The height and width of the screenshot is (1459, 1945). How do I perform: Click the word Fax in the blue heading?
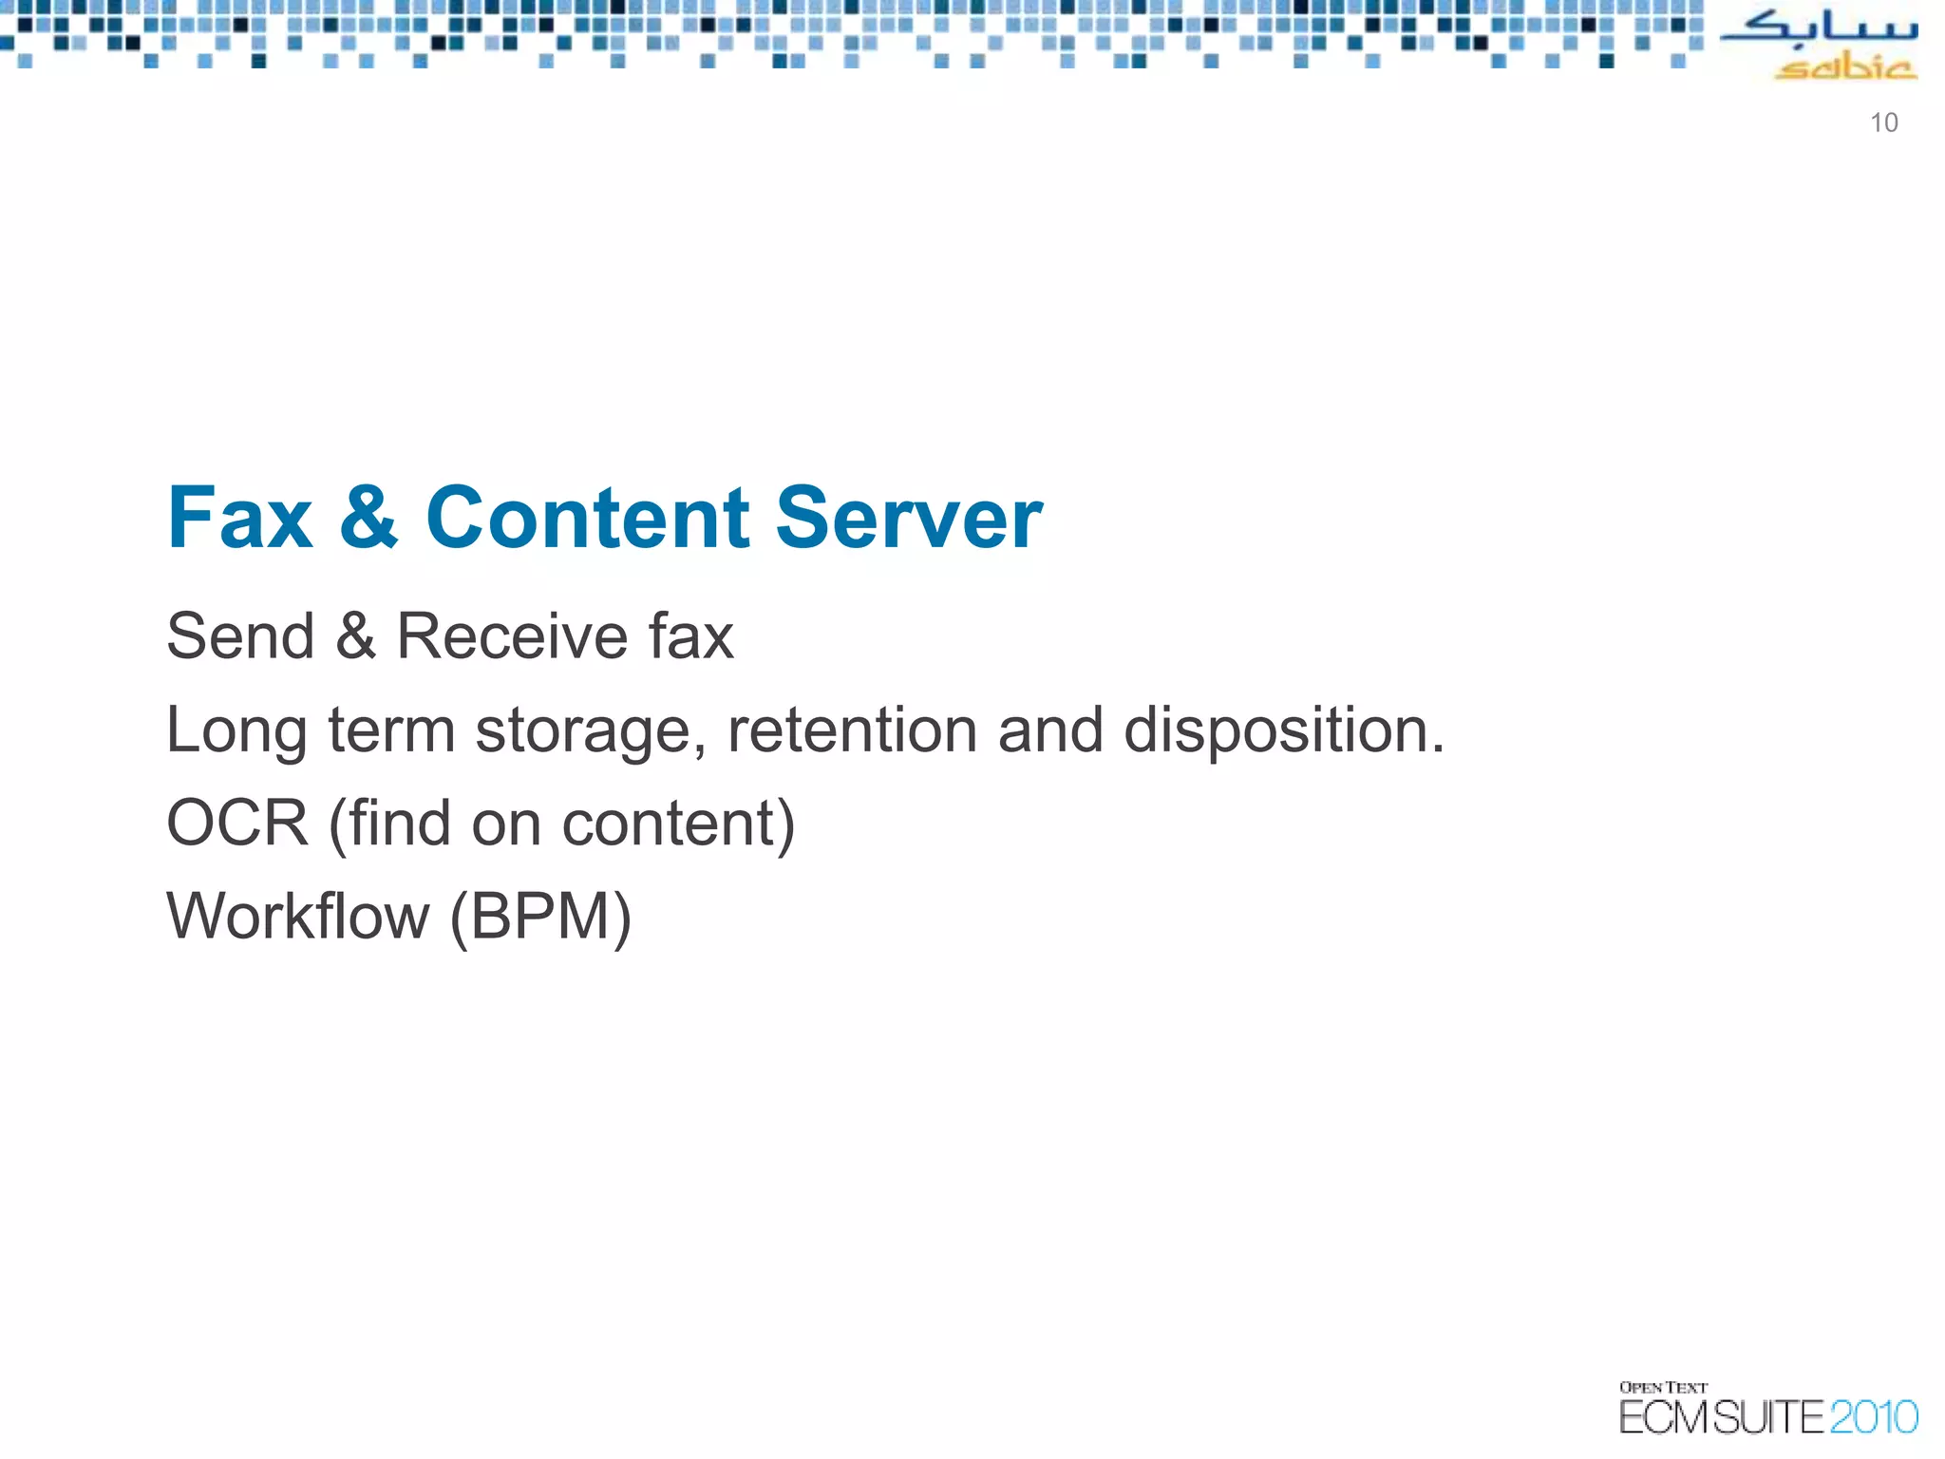[x=239, y=519]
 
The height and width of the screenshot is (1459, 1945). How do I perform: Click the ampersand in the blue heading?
[x=368, y=519]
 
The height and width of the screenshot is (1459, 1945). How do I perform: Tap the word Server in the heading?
[x=909, y=519]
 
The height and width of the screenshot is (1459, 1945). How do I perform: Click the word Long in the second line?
[x=236, y=731]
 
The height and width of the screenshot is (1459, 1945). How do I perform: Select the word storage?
[x=590, y=731]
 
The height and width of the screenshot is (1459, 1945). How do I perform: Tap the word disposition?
[x=1283, y=731]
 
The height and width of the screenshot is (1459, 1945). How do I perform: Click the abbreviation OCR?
[x=237, y=823]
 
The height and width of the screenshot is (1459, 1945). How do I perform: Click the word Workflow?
[x=298, y=917]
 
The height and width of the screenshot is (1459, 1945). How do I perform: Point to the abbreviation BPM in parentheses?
[x=540, y=917]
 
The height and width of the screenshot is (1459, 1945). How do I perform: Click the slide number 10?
[x=1883, y=123]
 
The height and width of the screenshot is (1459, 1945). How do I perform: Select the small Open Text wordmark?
[x=1663, y=1388]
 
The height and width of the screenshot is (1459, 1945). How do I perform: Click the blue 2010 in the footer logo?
[x=1873, y=1418]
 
